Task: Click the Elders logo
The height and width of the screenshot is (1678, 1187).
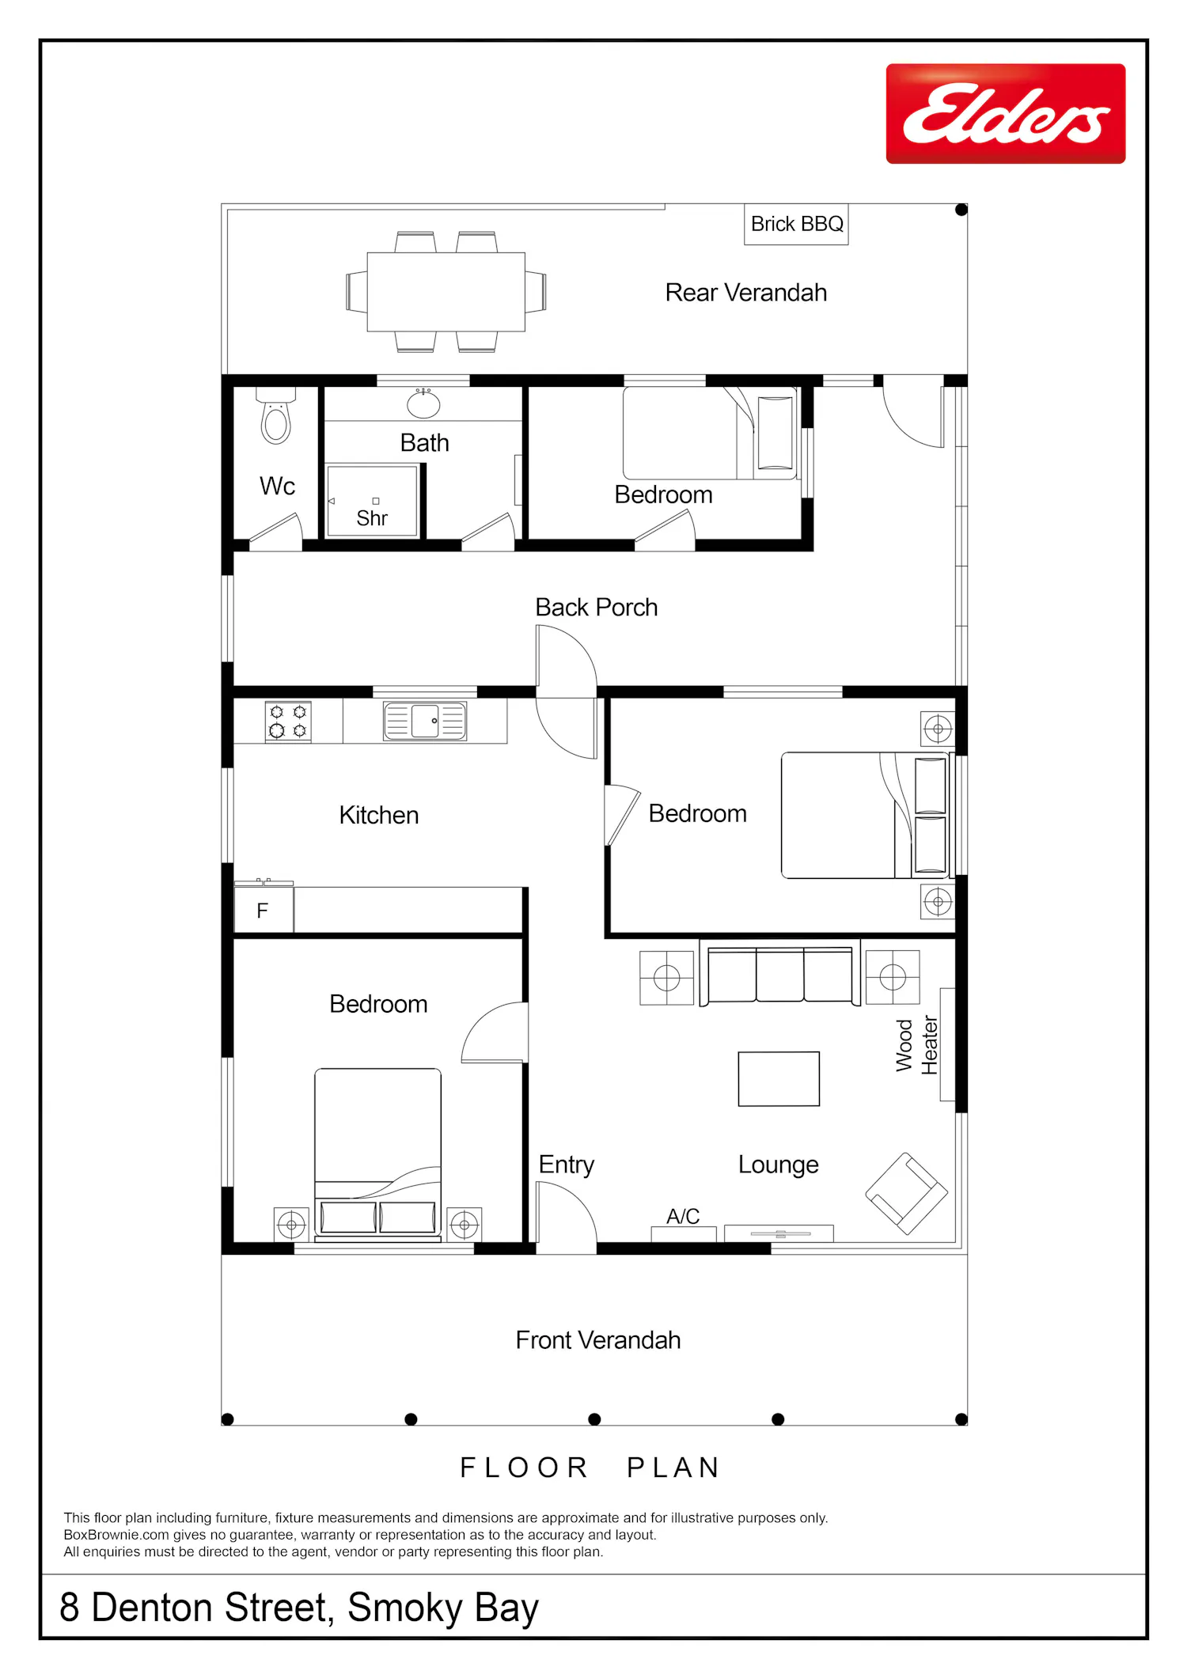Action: [x=1006, y=114]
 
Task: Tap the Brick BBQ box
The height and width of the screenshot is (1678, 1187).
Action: [x=796, y=225]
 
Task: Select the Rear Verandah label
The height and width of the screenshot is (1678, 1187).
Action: [x=745, y=293]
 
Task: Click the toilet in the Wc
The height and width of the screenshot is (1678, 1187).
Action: [x=276, y=415]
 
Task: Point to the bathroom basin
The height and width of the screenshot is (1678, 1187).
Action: [x=423, y=403]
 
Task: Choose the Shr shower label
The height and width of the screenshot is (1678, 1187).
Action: [x=372, y=518]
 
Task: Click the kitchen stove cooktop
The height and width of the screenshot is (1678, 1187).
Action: [x=288, y=722]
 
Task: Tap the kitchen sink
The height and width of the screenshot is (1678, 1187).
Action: [x=425, y=722]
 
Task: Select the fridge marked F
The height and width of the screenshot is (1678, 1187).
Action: [x=264, y=910]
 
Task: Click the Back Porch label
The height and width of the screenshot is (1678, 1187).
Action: [x=596, y=608]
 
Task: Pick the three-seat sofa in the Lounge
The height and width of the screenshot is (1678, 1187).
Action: [x=779, y=973]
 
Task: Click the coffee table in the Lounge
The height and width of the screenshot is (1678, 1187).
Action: [x=779, y=1079]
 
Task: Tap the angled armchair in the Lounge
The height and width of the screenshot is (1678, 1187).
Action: [x=906, y=1194]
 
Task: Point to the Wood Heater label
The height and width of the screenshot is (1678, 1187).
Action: [x=916, y=1045]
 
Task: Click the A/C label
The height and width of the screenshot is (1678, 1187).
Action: [x=683, y=1216]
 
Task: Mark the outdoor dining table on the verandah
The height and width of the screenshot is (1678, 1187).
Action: [x=446, y=292]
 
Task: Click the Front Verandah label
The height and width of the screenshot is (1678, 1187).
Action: [x=598, y=1340]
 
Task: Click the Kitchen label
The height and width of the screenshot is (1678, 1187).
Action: [x=379, y=815]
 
